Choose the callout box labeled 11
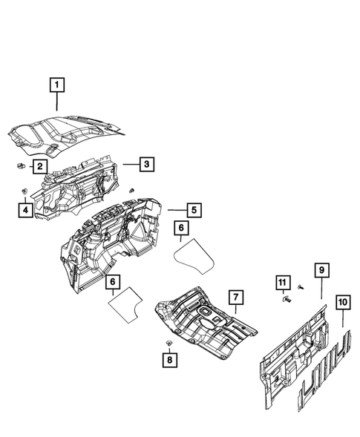[x=282, y=282]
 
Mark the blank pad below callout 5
[x=194, y=254]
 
